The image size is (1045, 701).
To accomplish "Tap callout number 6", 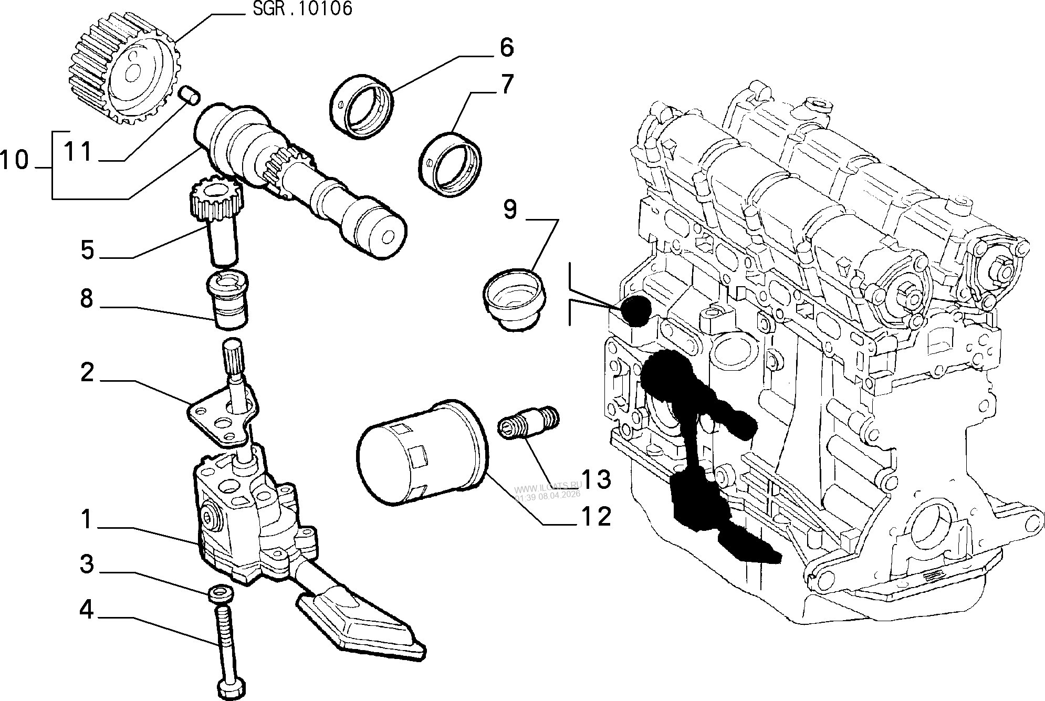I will tap(506, 47).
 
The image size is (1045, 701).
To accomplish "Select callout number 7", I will tap(506, 86).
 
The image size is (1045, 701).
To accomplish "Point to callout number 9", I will tap(510, 209).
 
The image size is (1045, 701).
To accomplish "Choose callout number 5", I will tap(87, 250).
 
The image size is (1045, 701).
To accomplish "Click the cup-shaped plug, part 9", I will tap(514, 297).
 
